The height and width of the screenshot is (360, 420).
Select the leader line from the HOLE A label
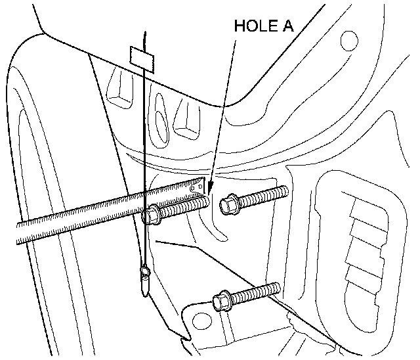[x=224, y=112]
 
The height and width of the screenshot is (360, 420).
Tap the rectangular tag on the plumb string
[x=144, y=57]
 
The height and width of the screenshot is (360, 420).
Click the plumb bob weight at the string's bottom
[x=144, y=277]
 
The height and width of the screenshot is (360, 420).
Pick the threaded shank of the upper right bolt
[x=262, y=195]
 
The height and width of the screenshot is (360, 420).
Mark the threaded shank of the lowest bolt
[x=256, y=292]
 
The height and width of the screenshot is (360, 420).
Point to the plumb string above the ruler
[x=143, y=131]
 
